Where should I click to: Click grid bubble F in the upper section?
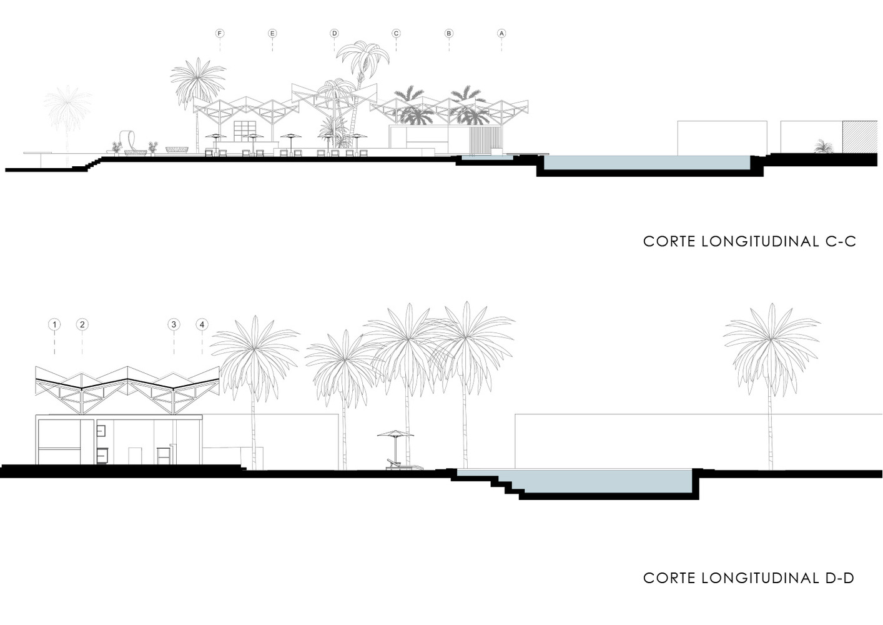tap(220, 34)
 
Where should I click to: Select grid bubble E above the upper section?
tap(272, 34)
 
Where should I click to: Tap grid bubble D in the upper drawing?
tap(334, 34)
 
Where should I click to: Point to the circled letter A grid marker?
tap(501, 34)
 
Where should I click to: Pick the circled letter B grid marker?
tap(448, 34)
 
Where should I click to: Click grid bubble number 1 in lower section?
tap(54, 325)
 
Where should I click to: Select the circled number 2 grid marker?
tap(82, 325)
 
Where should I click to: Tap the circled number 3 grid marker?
tap(174, 325)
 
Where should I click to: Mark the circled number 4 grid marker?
tap(202, 325)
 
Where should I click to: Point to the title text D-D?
tap(840, 578)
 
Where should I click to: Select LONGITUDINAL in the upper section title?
tap(761, 241)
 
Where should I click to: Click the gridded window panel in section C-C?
tap(244, 131)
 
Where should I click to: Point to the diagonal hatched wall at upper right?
tap(862, 137)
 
